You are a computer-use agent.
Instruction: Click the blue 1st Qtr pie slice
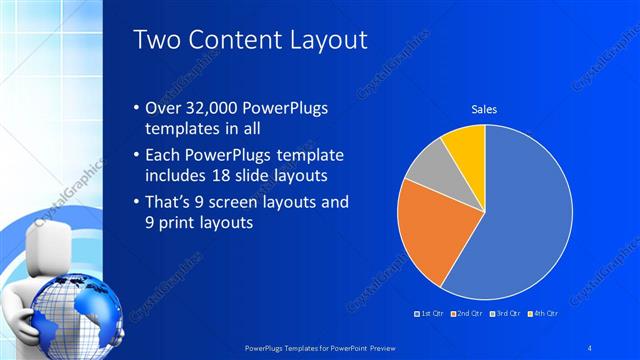pos(520,220)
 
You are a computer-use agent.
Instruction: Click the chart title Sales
pos(484,109)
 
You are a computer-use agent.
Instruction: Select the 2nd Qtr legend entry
pos(468,313)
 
